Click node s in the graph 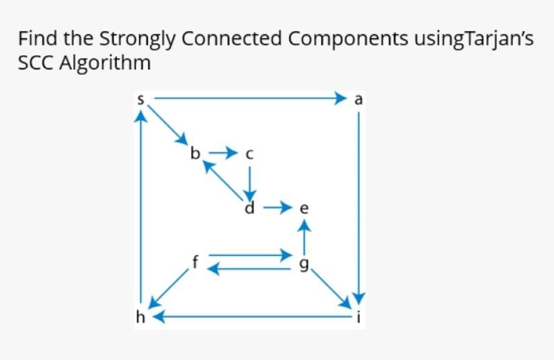pos(141,100)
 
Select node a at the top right pos(358,100)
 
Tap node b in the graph pos(195,153)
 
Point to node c pos(249,154)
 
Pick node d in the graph pos(249,207)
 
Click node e pos(304,209)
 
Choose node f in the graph pos(196,262)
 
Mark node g pos(304,264)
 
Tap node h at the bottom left pos(141,317)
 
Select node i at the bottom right pos(358,317)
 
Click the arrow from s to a pos(250,98)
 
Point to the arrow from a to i pos(358,208)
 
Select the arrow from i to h pos(252,316)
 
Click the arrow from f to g pos(251,254)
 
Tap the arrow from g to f pos(249,269)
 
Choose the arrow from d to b pos(223,180)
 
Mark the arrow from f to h pos(169,288)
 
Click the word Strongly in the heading pos(137,39)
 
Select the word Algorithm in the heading pos(105,63)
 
